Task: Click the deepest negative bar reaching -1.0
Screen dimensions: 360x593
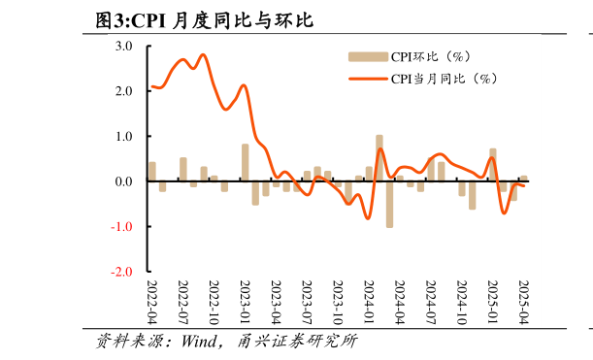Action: click(389, 204)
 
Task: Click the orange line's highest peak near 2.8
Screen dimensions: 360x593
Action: click(203, 55)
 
